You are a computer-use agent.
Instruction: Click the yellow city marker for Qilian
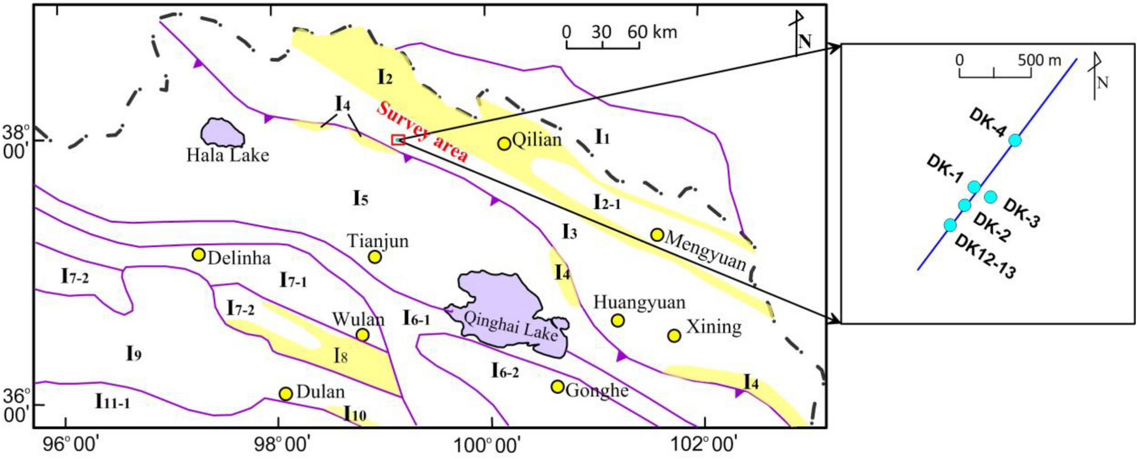(504, 143)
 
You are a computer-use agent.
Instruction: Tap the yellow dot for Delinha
(198, 254)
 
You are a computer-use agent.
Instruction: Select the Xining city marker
(674, 335)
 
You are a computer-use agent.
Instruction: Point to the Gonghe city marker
(557, 386)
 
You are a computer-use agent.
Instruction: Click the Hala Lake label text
(228, 155)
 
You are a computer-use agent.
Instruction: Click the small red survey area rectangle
(398, 139)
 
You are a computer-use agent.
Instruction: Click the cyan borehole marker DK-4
(1015, 140)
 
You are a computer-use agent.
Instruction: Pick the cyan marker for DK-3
(990, 197)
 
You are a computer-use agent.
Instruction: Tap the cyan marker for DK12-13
(950, 225)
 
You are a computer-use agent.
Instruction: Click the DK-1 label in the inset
(944, 169)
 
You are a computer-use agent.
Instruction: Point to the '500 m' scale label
(1039, 59)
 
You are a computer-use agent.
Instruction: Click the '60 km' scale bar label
(652, 32)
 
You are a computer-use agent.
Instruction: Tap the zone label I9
(133, 354)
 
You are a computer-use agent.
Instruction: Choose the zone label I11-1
(112, 402)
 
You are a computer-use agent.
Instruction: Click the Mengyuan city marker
(657, 235)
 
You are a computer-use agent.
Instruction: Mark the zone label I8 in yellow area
(340, 356)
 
